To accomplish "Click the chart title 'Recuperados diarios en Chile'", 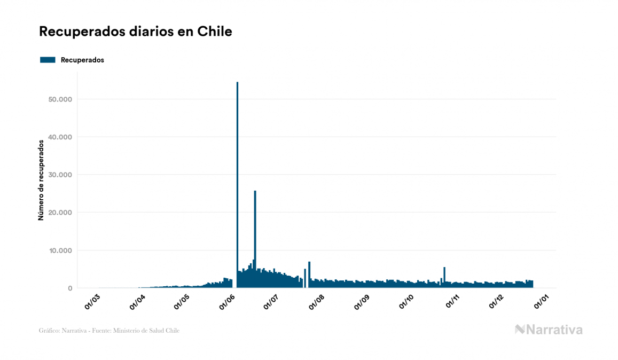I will pyautogui.click(x=135, y=32).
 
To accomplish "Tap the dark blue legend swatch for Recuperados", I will pyautogui.click(x=48, y=60).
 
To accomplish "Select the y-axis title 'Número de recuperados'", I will pyautogui.click(x=41, y=180).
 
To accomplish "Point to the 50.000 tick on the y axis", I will pyautogui.click(x=60, y=99).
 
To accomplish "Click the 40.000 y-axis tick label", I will pyautogui.click(x=60, y=137).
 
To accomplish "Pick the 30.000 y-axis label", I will pyautogui.click(x=60, y=175).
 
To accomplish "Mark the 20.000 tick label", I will pyautogui.click(x=60, y=213).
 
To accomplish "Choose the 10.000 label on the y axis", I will pyautogui.click(x=60, y=251).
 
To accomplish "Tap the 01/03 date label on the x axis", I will pyautogui.click(x=92, y=301).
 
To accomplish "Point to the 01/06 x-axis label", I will pyautogui.click(x=227, y=301).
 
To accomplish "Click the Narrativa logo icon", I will pyautogui.click(x=520, y=330).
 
